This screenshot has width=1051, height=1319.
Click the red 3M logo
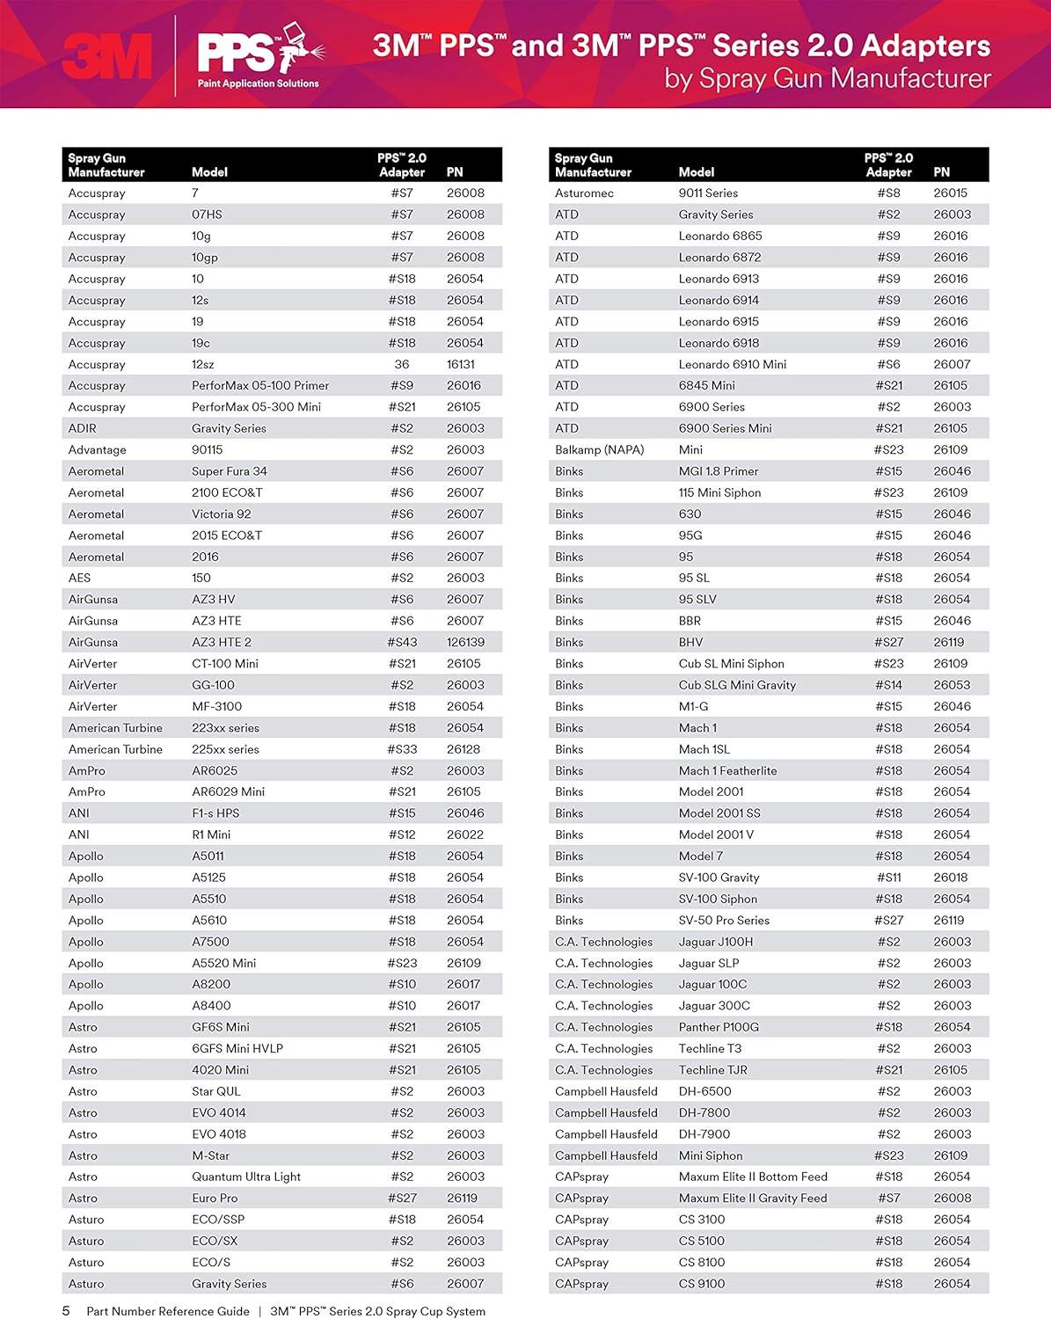106,56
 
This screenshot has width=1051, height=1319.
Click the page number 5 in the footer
66,1311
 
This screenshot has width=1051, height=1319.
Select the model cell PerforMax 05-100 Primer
260,385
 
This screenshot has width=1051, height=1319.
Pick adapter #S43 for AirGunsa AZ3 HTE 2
402,642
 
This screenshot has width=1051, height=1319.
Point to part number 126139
465,642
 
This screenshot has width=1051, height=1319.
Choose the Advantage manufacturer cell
97,449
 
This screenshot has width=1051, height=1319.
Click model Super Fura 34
229,471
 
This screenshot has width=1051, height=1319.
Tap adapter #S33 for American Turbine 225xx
402,749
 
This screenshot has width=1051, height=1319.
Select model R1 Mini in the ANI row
211,834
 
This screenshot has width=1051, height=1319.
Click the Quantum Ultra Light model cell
246,1177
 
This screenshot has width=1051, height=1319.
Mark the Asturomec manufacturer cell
584,193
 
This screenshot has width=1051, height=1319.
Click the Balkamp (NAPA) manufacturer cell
599,449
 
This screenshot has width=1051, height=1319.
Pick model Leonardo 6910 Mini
732,364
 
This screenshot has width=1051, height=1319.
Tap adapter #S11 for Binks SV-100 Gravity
888,878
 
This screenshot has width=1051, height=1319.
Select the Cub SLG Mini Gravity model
737,685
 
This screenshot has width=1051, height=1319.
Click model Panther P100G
719,1027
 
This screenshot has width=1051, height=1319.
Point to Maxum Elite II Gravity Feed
753,1198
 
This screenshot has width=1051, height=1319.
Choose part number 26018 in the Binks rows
951,878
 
